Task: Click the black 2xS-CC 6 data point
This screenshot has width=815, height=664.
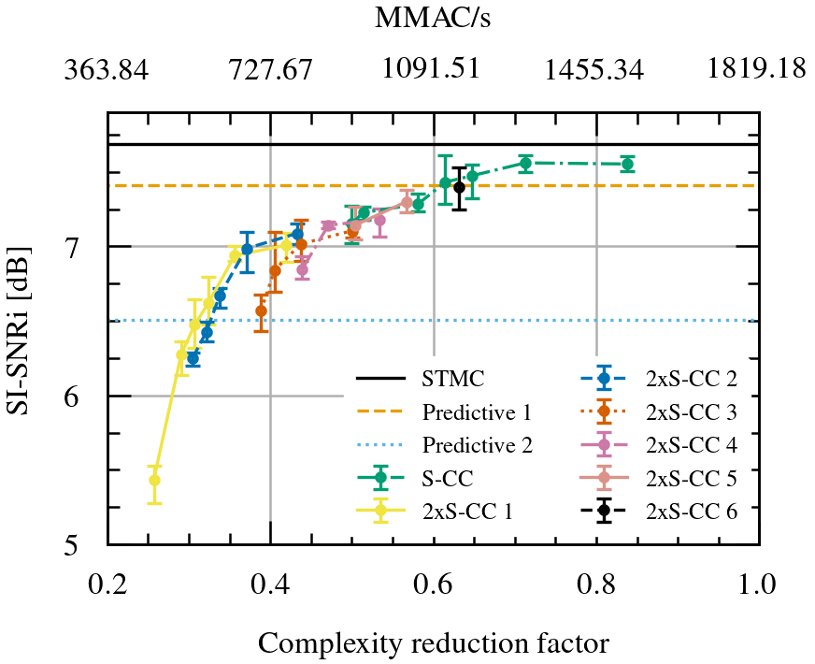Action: point(459,188)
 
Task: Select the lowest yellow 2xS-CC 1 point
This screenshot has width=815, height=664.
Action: point(154,480)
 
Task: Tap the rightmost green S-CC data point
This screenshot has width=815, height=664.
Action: point(627,165)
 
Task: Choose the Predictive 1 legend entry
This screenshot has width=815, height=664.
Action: point(476,411)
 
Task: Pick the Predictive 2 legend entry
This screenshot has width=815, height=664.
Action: point(476,444)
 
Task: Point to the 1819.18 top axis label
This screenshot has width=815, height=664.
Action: point(757,71)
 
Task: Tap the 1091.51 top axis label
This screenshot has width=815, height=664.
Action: point(433,71)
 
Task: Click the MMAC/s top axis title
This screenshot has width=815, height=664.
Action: point(433,20)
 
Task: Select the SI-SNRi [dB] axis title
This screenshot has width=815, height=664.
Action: point(21,328)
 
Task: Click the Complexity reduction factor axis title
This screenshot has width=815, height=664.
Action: point(433,643)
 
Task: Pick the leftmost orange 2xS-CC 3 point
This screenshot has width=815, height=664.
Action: point(262,310)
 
